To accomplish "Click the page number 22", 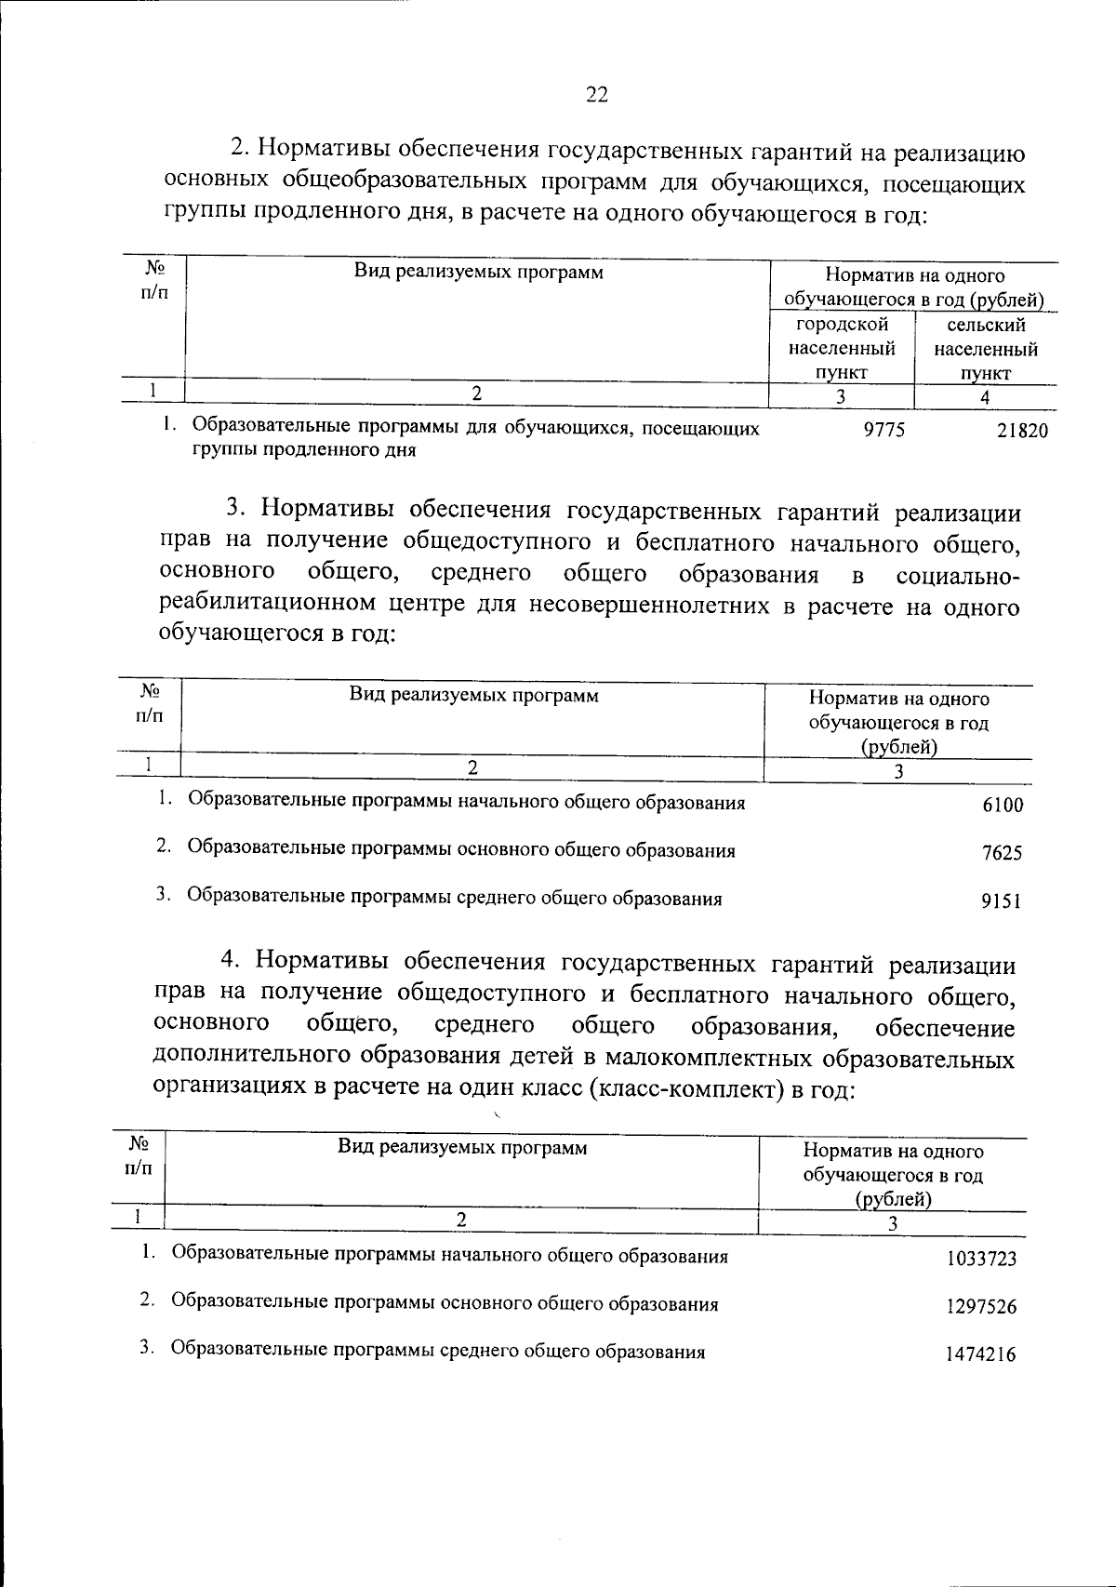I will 596,94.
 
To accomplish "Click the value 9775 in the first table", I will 883,429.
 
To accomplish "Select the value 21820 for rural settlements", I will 1022,432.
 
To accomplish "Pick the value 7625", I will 1003,853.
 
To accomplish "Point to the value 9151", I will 1003,901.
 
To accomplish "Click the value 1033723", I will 981,1260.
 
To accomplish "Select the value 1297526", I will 981,1307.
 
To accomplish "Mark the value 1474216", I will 981,1354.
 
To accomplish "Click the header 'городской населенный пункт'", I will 842,349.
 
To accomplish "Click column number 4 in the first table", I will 985,397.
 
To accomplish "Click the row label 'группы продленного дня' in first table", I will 303,451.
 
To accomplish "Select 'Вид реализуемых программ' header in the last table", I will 462,1147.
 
